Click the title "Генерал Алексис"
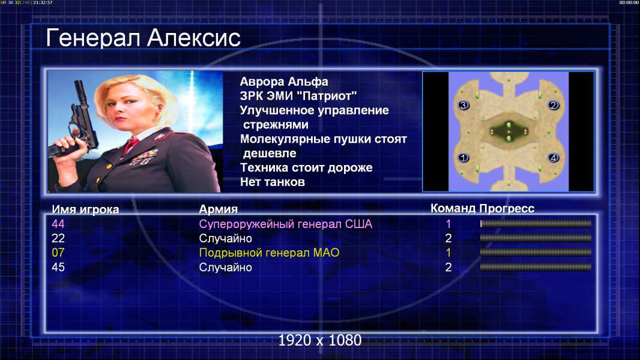(143, 38)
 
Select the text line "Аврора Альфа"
(283, 82)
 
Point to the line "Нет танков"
(272, 182)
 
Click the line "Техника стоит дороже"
(306, 167)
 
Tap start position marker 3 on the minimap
(463, 105)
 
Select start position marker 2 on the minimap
(553, 105)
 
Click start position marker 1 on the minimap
(463, 157)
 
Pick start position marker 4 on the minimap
(553, 157)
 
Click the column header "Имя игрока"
(85, 209)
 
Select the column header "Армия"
(219, 209)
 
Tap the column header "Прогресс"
(507, 208)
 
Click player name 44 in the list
(58, 224)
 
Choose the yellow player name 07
(58, 253)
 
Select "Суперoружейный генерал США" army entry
(286, 224)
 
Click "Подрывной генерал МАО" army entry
(269, 253)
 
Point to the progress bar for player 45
(536, 268)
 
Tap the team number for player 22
(448, 238)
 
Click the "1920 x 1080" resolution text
(320, 340)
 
